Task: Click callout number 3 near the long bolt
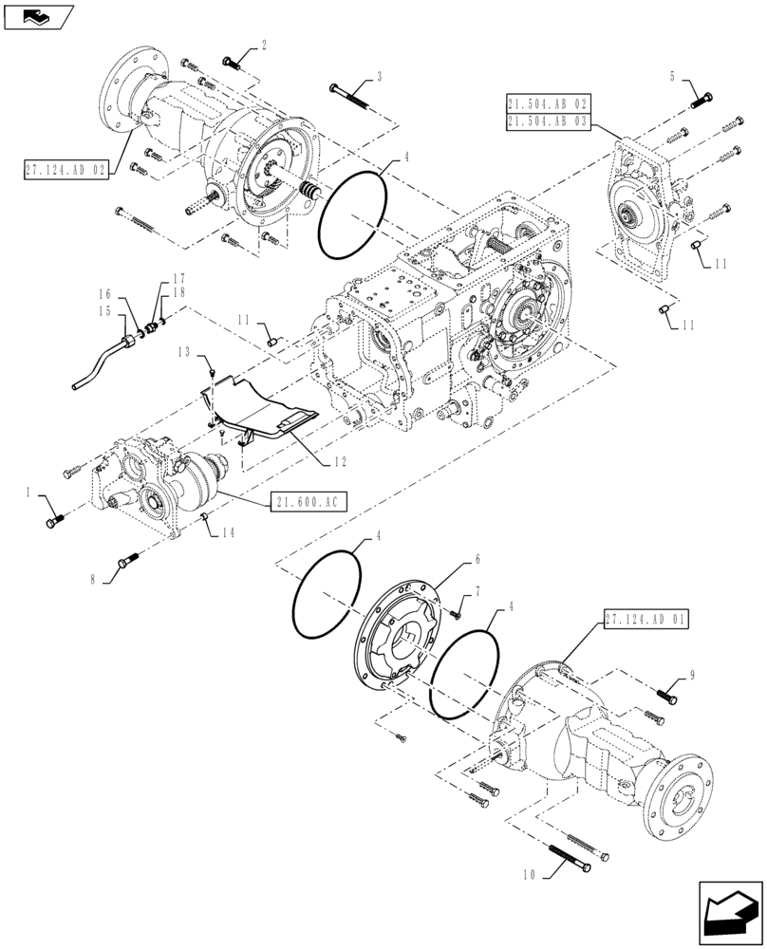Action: (x=379, y=76)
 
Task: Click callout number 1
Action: (x=29, y=493)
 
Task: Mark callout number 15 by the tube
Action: (x=103, y=310)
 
